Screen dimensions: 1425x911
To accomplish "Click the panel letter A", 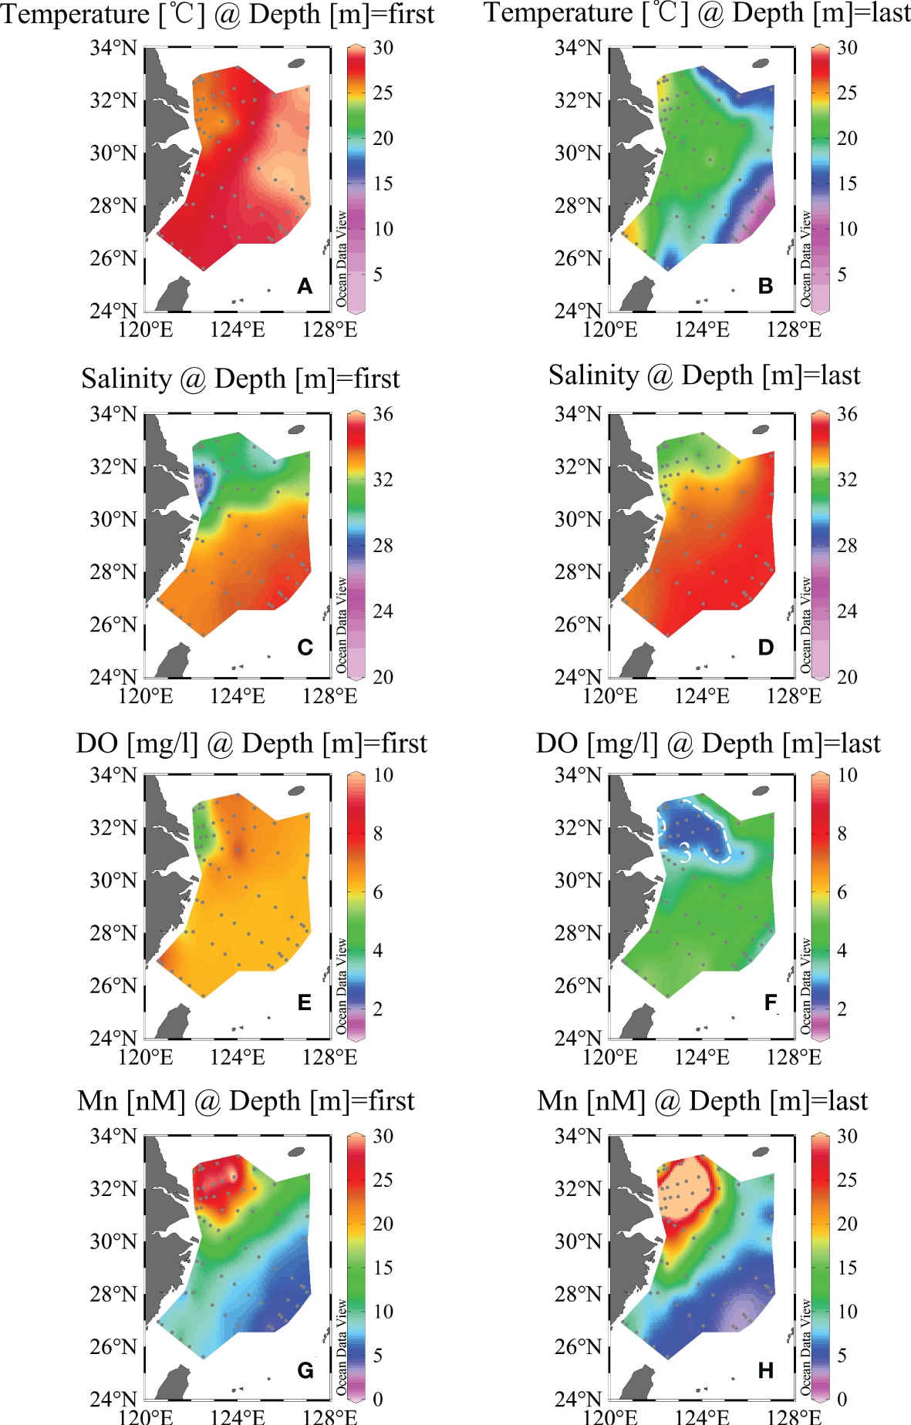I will click(305, 286).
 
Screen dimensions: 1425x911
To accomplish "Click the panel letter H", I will click(765, 1370).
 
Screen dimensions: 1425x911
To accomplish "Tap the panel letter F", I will click(770, 1002).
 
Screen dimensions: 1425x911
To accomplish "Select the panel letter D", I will click(765, 647).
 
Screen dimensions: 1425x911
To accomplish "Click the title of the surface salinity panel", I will click(240, 379).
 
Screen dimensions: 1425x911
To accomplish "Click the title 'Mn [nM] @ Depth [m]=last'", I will click(702, 1100).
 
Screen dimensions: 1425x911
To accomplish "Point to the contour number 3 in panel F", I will click(684, 853).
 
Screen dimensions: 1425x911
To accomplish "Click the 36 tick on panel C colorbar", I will click(383, 414).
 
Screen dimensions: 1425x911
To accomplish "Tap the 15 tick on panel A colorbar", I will click(383, 184).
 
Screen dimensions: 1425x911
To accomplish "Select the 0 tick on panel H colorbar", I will click(842, 1399).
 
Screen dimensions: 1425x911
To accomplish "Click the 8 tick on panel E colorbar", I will click(378, 834).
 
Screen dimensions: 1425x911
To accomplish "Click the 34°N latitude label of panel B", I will click(578, 48).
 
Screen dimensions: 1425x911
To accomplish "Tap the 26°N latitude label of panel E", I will click(113, 985).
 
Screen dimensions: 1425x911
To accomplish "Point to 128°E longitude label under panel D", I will click(794, 696).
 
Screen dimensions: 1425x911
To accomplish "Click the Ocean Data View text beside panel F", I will click(805, 986).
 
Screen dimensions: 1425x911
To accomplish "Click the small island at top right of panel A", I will click(296, 63).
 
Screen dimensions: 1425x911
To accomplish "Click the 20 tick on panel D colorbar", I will click(847, 677).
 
